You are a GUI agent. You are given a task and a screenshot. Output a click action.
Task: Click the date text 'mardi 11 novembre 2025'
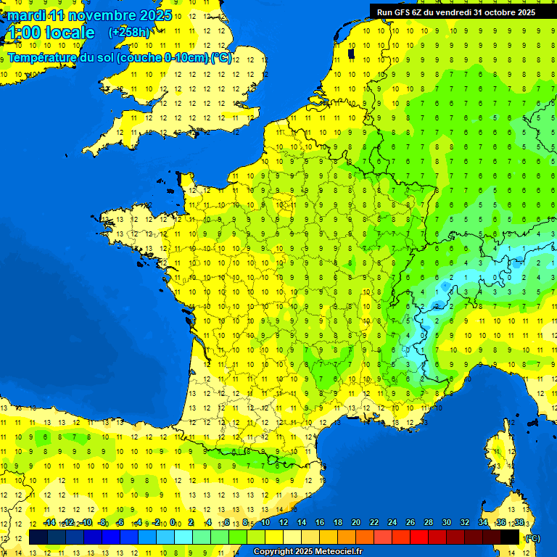[90, 15]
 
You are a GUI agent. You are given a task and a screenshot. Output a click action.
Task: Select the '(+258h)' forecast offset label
[129, 33]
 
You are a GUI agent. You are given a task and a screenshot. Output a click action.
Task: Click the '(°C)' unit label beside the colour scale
[532, 538]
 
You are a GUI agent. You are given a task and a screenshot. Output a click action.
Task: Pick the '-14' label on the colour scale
[49, 523]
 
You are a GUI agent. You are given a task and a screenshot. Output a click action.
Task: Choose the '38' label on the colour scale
[519, 523]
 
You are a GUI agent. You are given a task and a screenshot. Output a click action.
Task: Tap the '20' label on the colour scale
[356, 523]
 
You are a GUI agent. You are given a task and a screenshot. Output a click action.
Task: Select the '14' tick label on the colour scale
[302, 523]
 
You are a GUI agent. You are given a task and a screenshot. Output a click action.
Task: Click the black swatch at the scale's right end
[510, 537]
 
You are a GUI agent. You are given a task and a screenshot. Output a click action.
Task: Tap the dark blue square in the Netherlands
[351, 53]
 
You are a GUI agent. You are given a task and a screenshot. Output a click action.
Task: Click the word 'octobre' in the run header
[495, 12]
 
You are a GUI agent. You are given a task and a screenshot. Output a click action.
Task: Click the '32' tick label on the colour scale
[464, 523]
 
